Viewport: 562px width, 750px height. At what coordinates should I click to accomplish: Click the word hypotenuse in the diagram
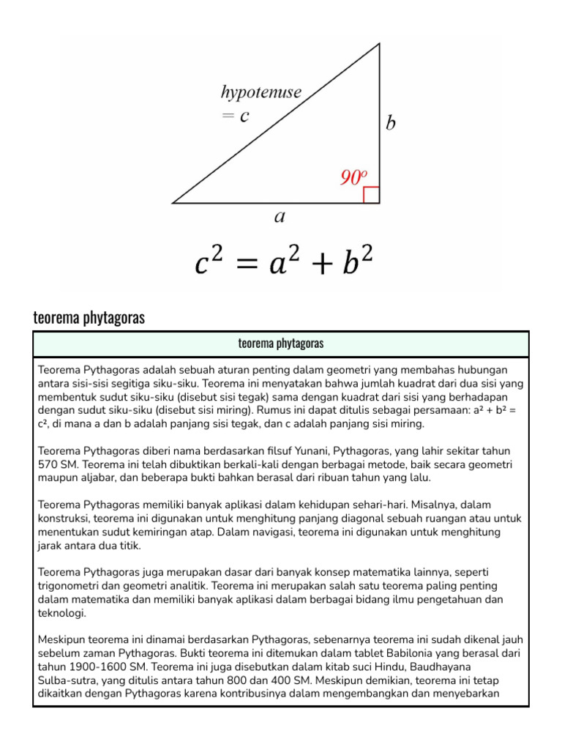click(x=261, y=93)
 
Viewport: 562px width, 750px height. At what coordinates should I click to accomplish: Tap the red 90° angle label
click(x=352, y=177)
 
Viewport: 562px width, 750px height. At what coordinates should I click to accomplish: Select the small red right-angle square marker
click(x=372, y=195)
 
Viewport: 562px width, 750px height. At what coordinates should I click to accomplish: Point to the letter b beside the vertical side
click(x=391, y=124)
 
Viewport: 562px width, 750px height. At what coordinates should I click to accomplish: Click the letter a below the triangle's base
click(x=279, y=216)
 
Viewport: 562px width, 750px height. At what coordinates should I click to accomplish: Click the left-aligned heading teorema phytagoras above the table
click(x=89, y=317)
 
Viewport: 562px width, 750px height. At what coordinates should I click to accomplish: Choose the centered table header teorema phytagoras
click(x=281, y=344)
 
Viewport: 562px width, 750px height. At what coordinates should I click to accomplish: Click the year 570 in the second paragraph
click(x=48, y=464)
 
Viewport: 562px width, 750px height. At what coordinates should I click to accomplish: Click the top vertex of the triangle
click(x=379, y=44)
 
